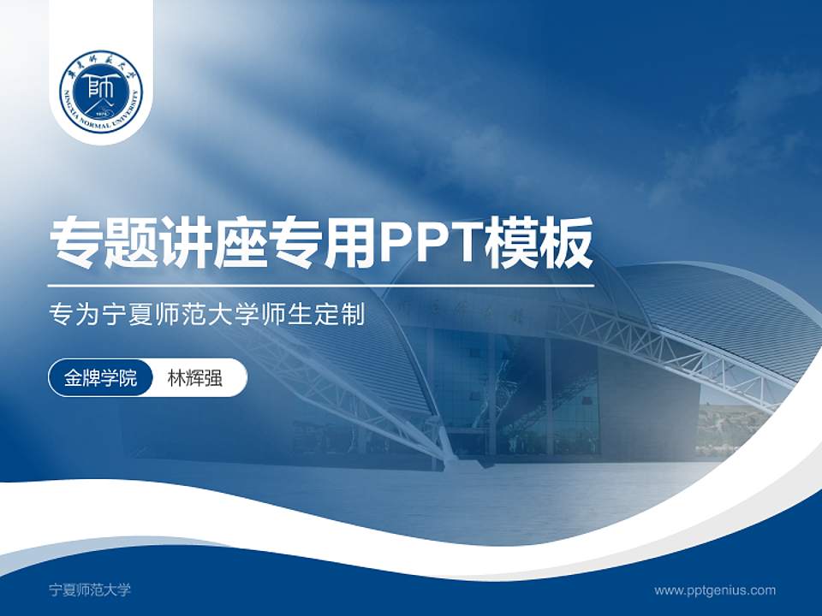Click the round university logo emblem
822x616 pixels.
(101, 90)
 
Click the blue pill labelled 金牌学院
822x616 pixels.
(100, 378)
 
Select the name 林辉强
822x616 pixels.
(194, 378)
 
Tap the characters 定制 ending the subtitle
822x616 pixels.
(346, 315)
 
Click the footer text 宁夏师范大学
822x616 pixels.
(90, 589)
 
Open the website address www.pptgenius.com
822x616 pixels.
(715, 589)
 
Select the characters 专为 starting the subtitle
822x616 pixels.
(70, 315)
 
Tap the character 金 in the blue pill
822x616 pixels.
(73, 378)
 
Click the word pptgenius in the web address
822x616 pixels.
(715, 589)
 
